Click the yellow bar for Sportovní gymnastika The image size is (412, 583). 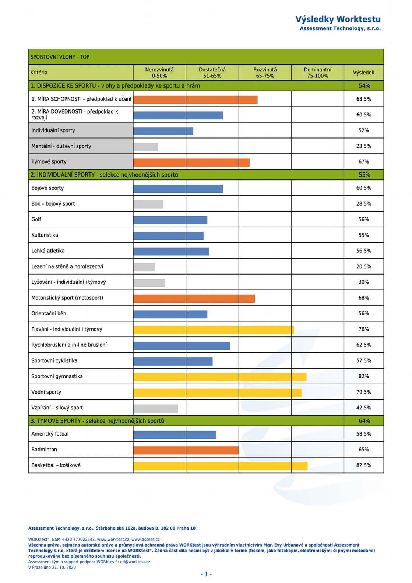point(220,377)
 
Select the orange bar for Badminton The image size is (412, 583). point(186,450)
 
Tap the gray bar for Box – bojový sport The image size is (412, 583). point(148,204)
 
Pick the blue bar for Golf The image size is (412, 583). point(170,220)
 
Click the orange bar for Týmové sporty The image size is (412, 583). point(191,163)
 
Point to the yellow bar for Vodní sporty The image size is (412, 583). point(218,393)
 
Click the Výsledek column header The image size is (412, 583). point(364,73)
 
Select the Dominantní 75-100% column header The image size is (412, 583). point(318,73)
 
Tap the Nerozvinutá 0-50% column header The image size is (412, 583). point(159,73)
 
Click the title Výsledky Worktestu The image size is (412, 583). point(338,19)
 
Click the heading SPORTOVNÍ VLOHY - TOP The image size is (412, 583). point(60,57)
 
